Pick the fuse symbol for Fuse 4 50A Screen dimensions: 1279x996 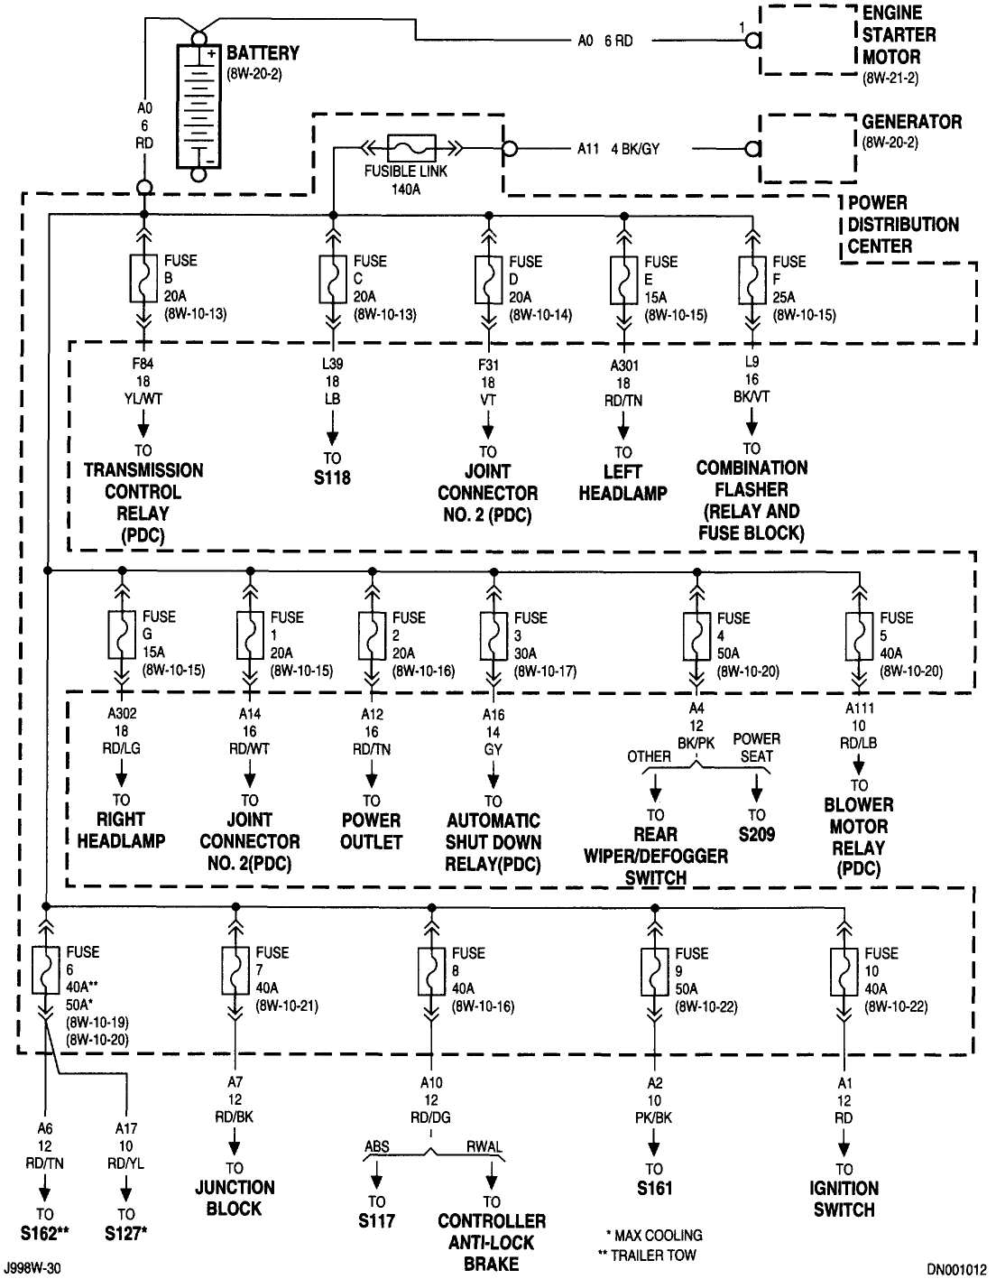coord(696,637)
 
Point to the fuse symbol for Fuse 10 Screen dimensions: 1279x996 coord(844,972)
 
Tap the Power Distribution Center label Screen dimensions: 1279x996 coord(890,224)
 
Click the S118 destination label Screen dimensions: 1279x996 coord(332,478)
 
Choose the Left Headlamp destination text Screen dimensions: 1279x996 coord(622,483)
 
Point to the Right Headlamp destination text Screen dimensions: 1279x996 coord(121,830)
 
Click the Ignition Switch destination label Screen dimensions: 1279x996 coord(844,1199)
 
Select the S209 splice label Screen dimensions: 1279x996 coord(756,835)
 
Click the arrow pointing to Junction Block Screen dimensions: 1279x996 coord(235,1145)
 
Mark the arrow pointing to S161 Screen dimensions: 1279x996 coord(652,1145)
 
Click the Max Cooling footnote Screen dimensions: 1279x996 coord(654,1235)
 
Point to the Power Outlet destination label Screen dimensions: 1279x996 coord(371,831)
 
